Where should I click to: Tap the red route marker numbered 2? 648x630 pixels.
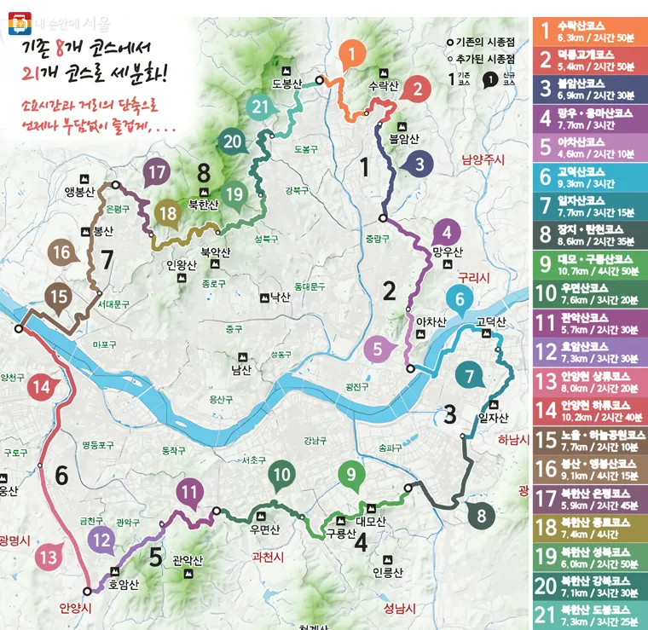pos(417,88)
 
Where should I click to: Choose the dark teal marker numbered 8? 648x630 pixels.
pos(482,515)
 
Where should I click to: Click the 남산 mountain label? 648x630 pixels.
pos(241,370)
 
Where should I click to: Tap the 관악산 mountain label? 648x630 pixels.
pos(187,560)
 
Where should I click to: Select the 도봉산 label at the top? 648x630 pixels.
pos(288,84)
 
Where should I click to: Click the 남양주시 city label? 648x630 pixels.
pos(483,159)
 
